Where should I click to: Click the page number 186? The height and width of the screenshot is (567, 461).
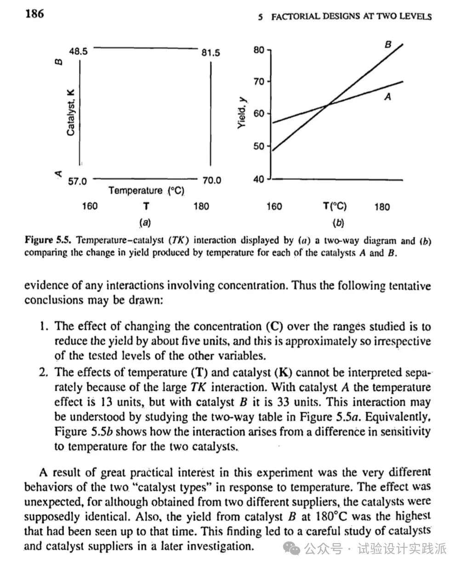click(x=35, y=14)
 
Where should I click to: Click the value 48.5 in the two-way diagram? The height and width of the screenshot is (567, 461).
click(x=78, y=51)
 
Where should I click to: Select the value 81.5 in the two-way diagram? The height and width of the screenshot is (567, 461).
click(x=211, y=53)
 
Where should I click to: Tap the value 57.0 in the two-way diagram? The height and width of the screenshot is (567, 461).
click(x=77, y=181)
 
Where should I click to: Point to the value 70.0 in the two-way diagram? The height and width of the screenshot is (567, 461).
click(x=211, y=180)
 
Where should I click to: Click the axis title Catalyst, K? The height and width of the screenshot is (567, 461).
click(x=70, y=112)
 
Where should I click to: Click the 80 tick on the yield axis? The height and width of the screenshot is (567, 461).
click(x=259, y=50)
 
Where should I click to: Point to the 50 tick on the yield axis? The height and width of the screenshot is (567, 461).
click(x=259, y=146)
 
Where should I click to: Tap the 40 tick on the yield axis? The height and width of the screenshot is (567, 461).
click(x=259, y=179)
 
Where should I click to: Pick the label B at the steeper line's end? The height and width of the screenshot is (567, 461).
click(x=388, y=45)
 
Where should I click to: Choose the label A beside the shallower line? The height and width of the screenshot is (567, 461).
click(x=387, y=96)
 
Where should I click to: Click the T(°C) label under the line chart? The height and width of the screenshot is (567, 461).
click(x=335, y=206)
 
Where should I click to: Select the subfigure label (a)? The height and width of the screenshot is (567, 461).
click(x=145, y=223)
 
